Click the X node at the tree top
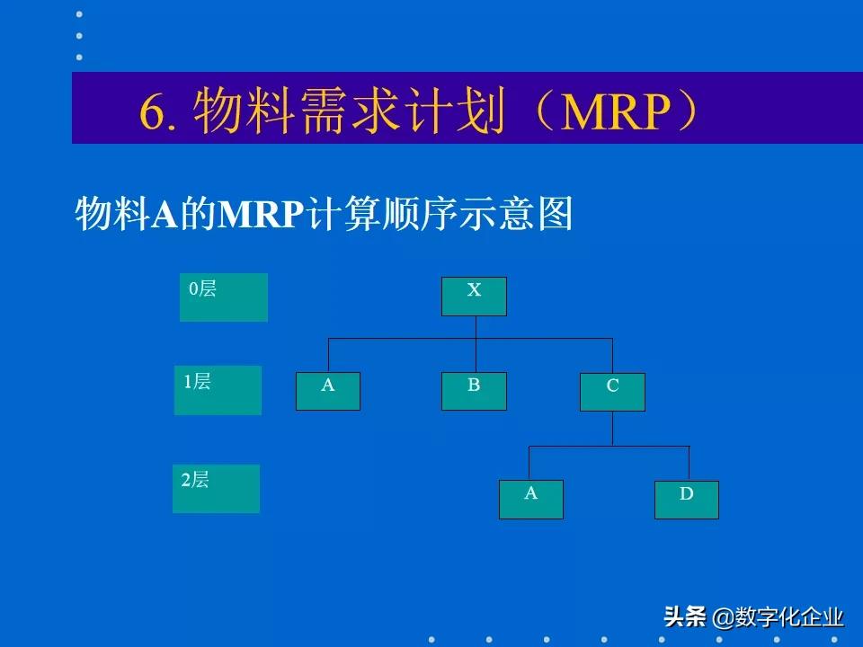pos(474,297)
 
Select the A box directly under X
pos(328,391)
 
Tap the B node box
pos(474,391)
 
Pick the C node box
pos(612,392)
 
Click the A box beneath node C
pos(531,499)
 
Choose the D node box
pos(686,500)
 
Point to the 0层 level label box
pos(224,297)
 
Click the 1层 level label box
pos(218,390)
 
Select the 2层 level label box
pos(216,489)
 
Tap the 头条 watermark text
pos(684,617)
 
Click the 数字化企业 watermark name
pos(789,617)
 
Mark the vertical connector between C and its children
pos(612,428)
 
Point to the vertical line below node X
pos(476,327)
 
